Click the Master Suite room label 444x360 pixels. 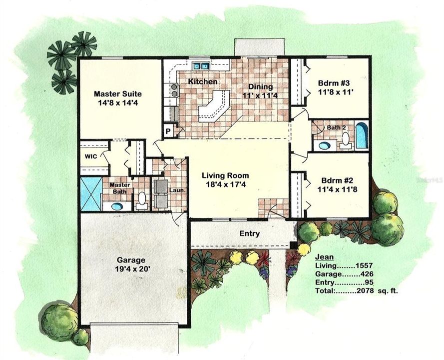coord(118,93)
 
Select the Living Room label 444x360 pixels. coord(225,175)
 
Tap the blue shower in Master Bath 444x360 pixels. coord(90,194)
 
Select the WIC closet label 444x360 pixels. coord(91,155)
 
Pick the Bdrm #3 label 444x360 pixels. coord(333,83)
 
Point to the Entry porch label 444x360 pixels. coord(250,233)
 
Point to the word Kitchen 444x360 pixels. coord(202,81)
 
